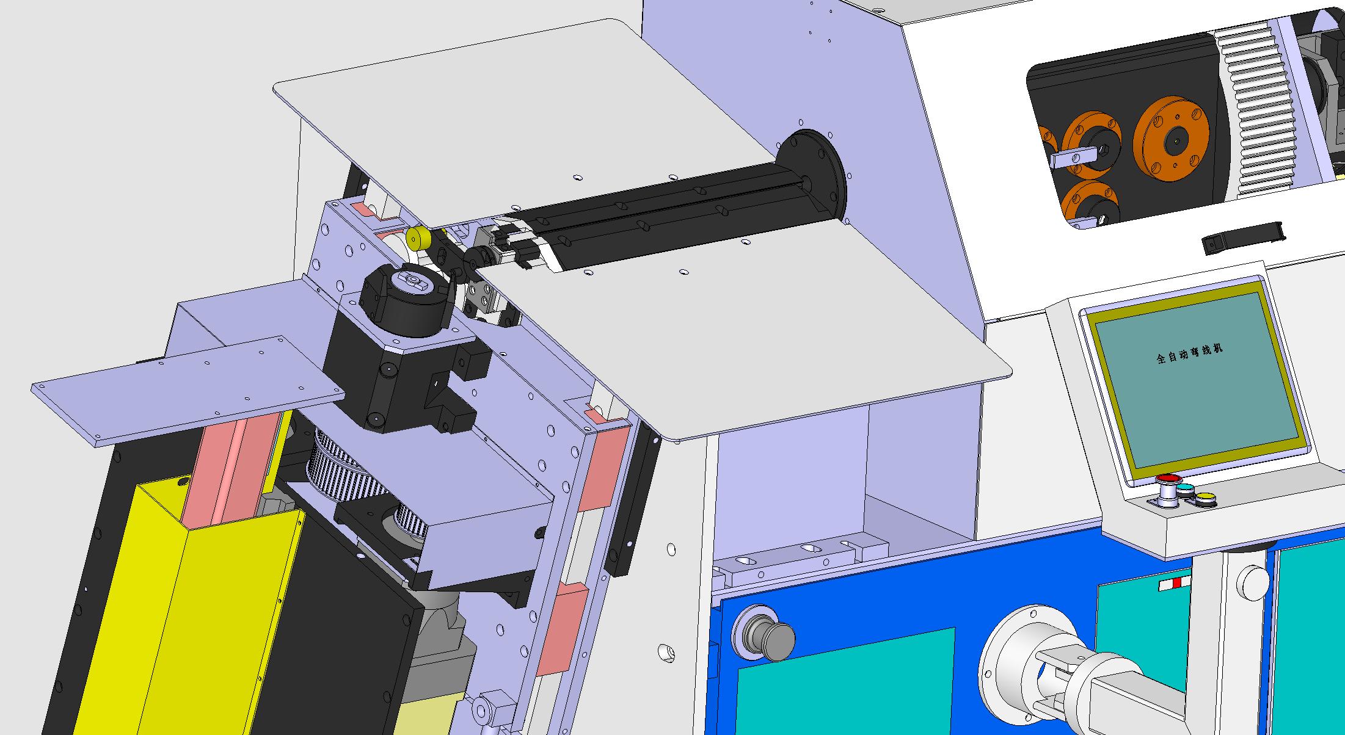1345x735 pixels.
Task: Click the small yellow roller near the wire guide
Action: tap(418, 238)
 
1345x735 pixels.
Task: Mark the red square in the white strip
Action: tap(1176, 583)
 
